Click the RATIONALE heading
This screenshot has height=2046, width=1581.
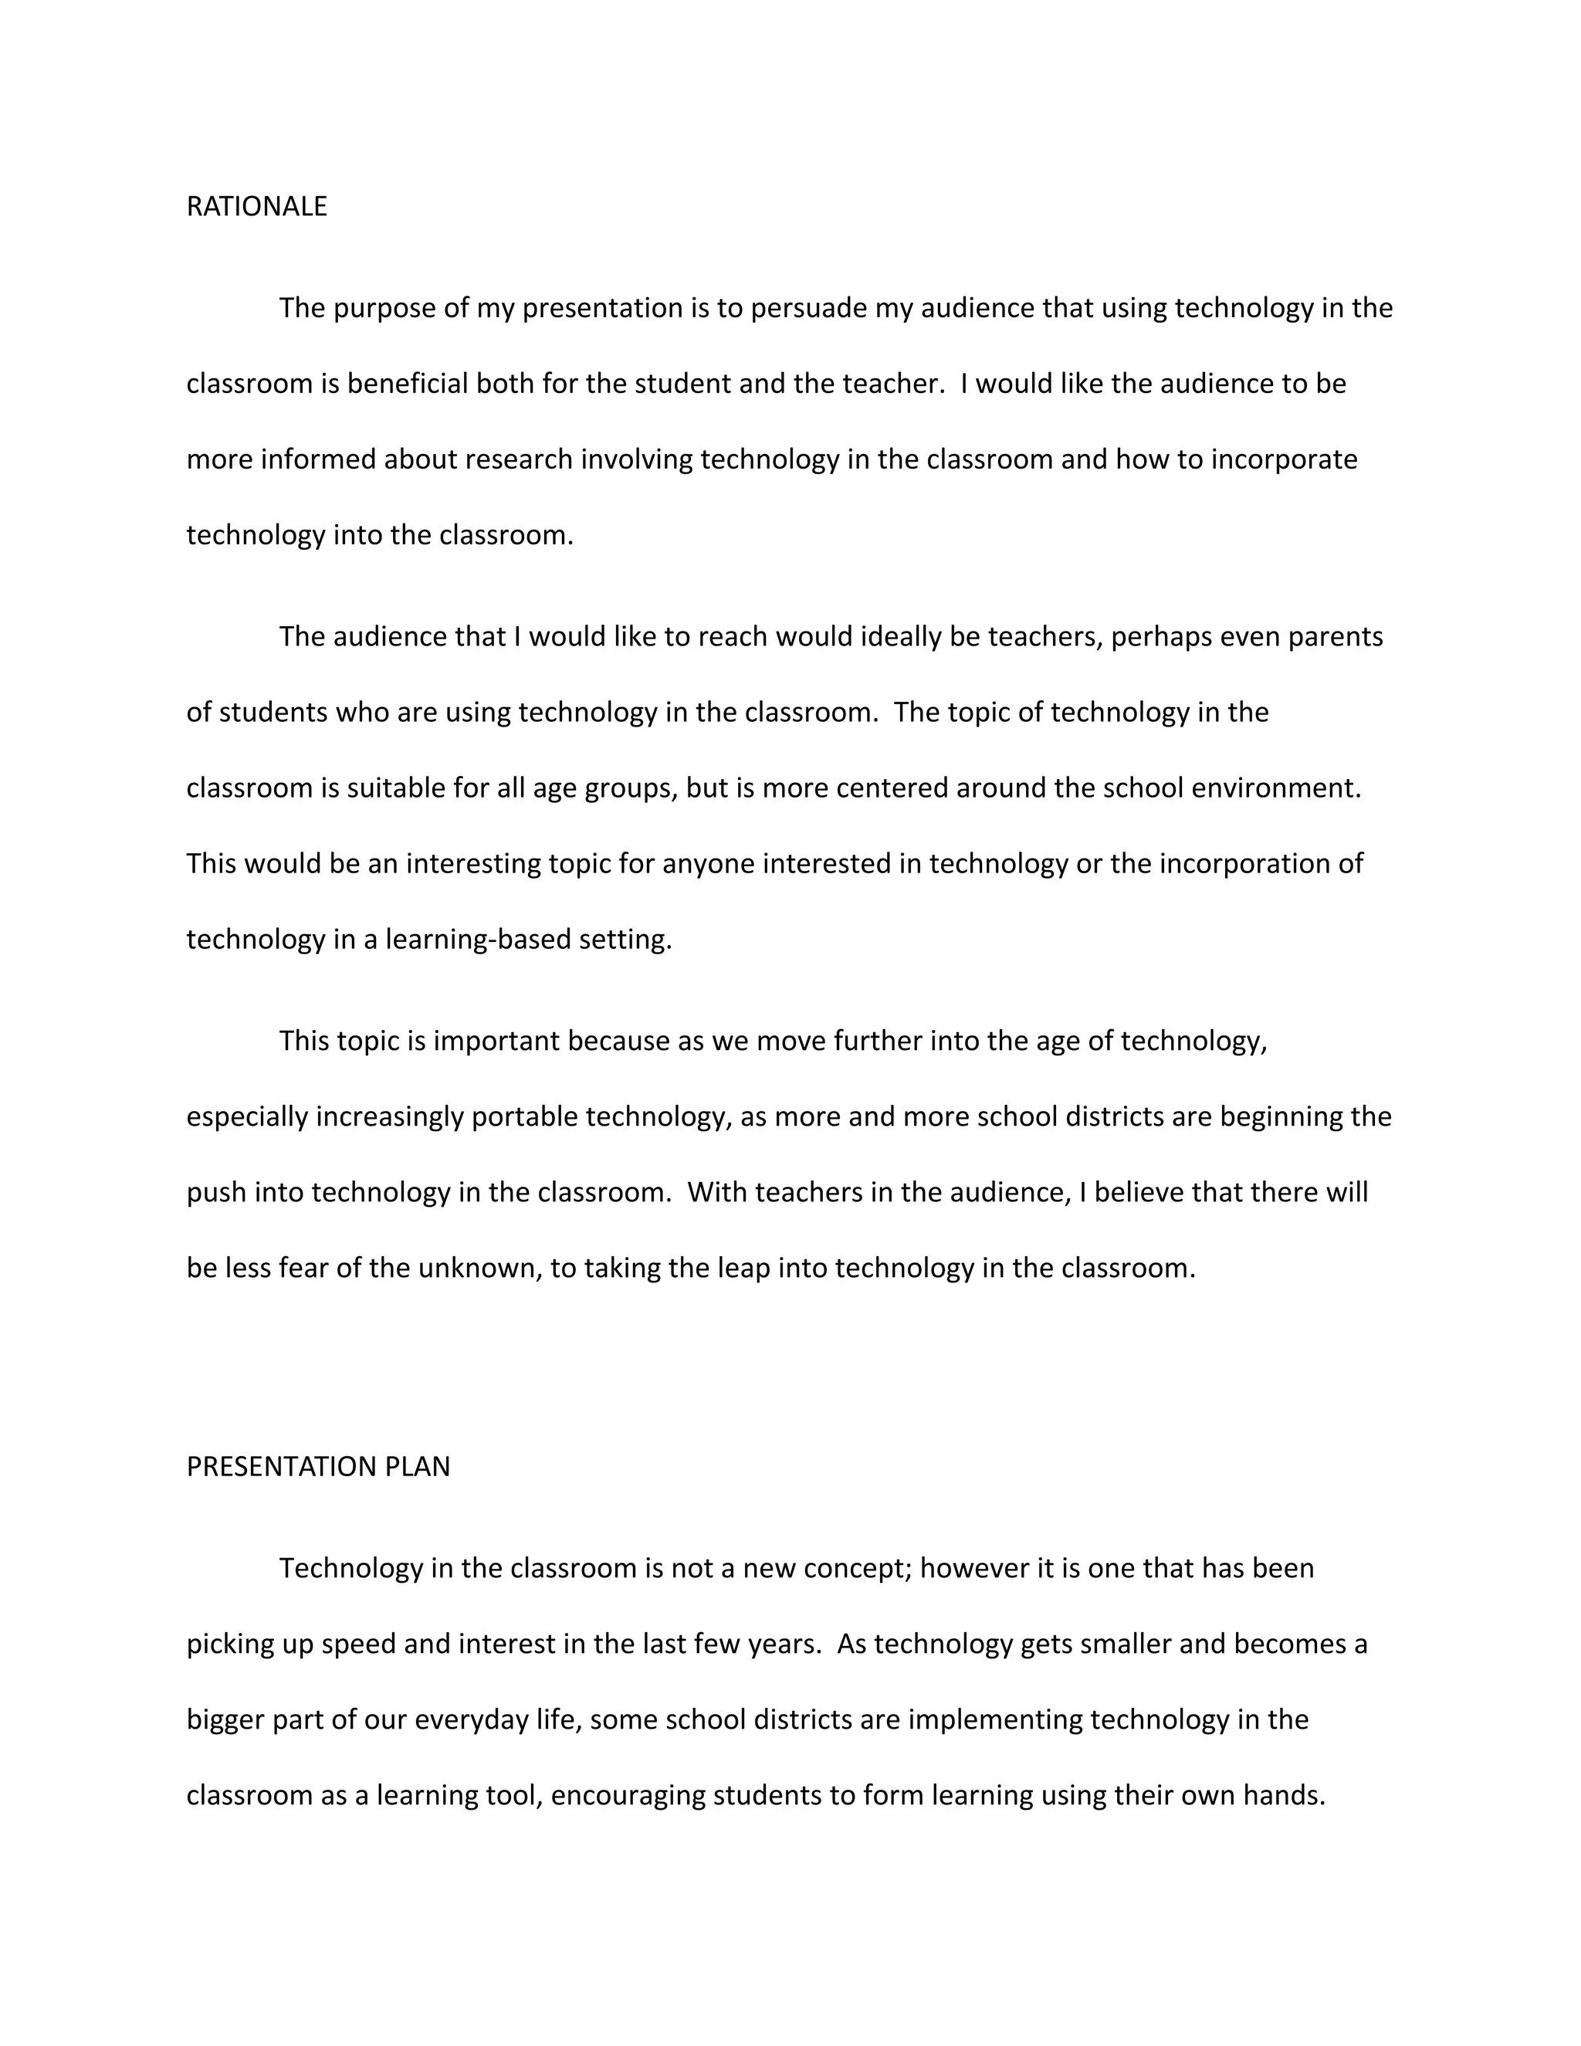pos(256,206)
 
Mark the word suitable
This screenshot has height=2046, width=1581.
pos(396,788)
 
